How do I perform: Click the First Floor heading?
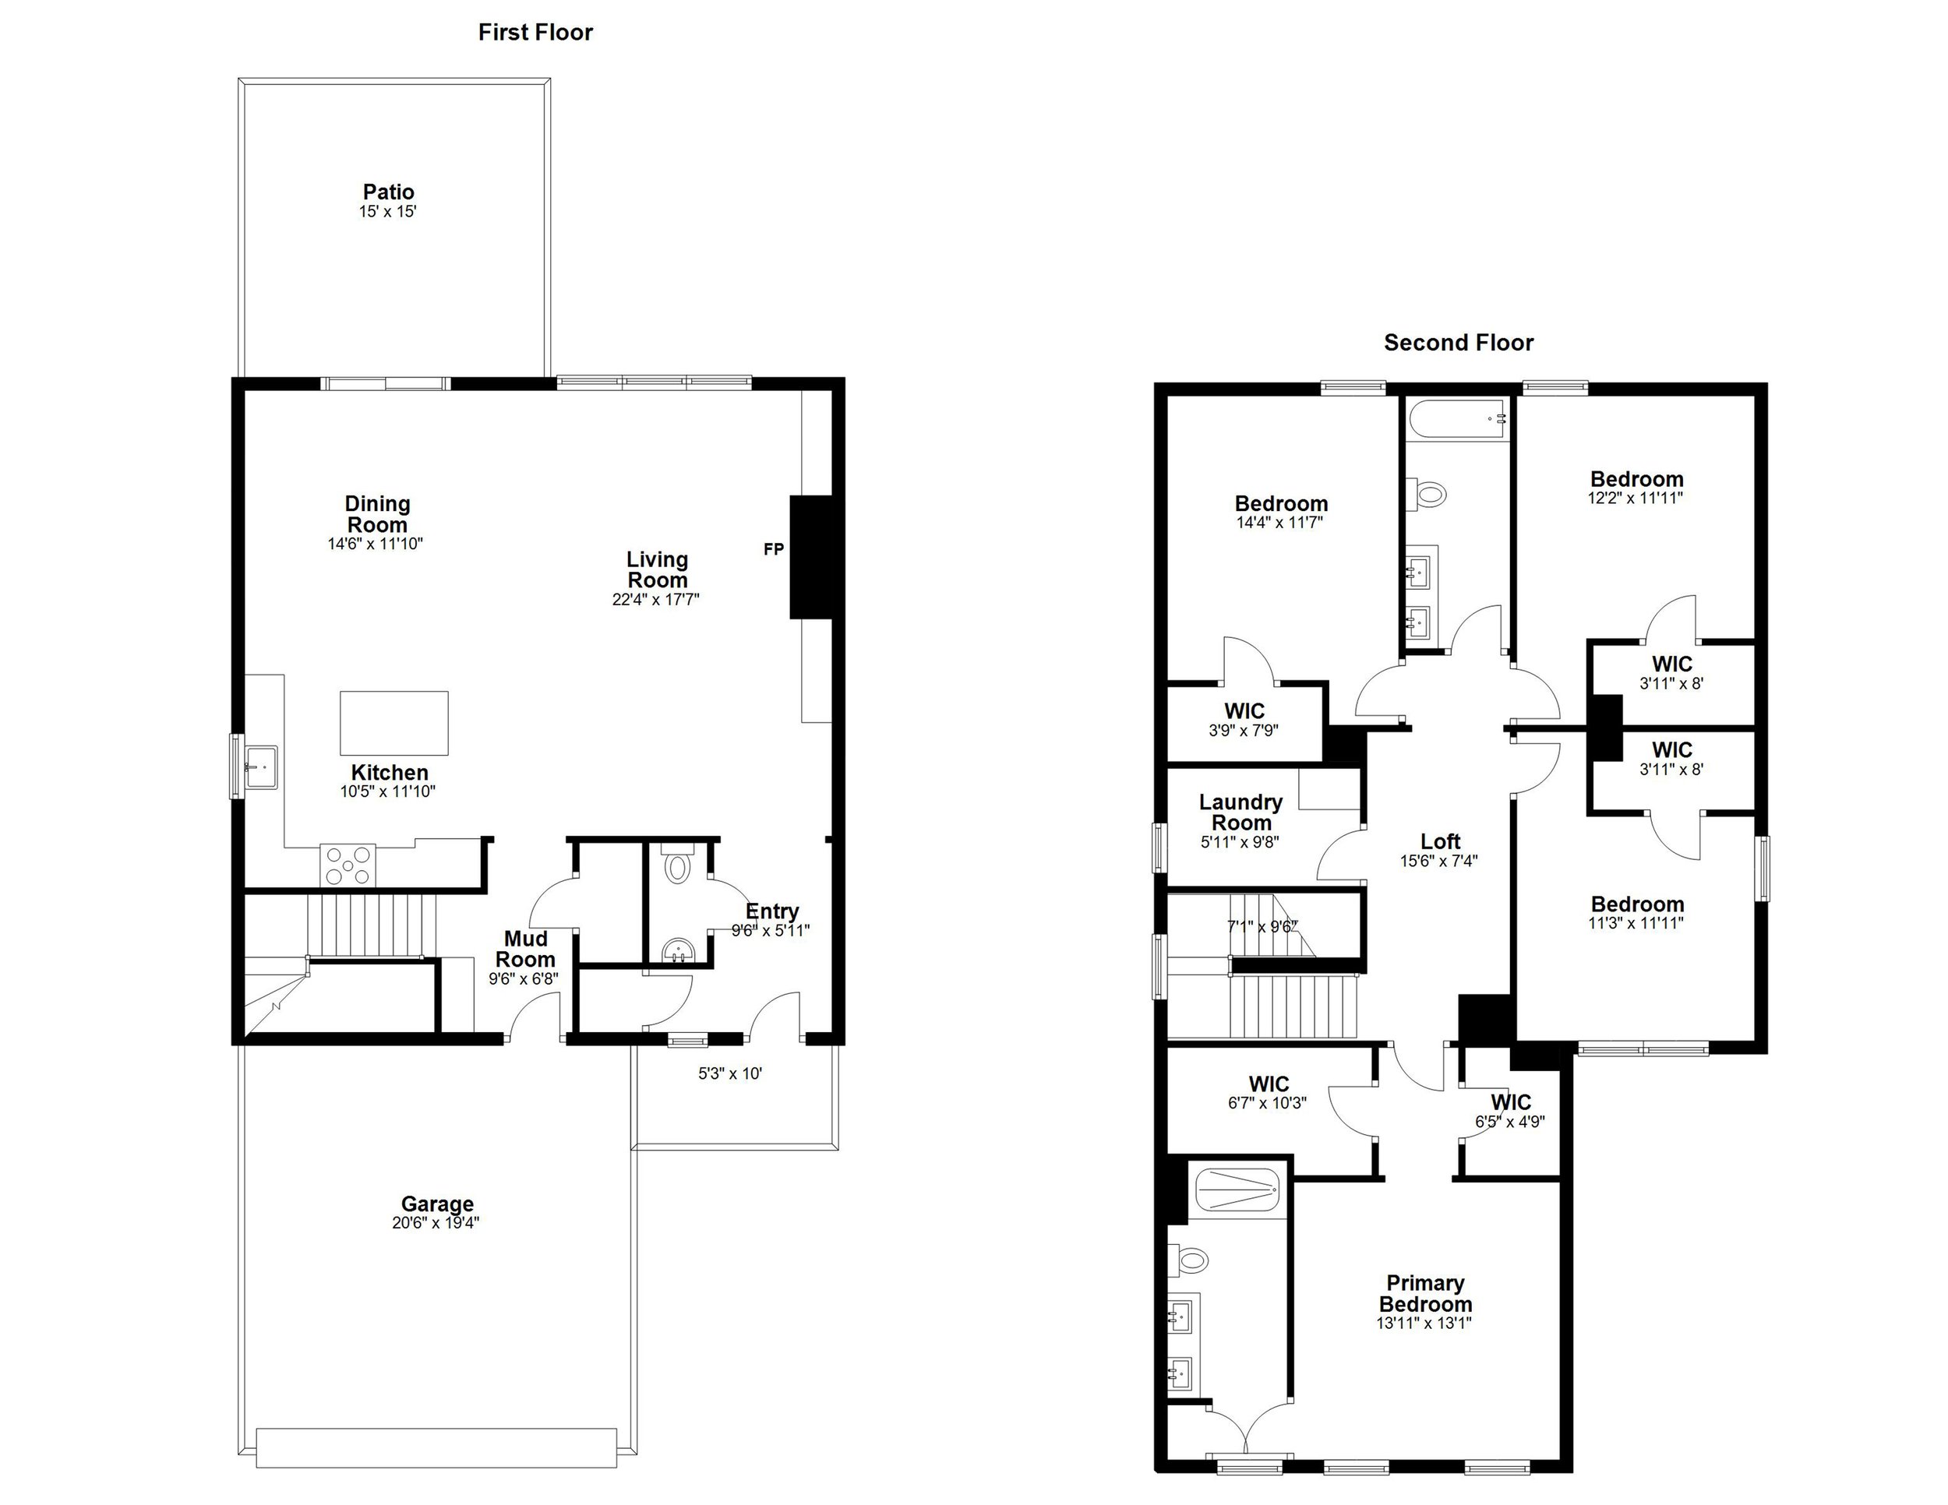coord(535,33)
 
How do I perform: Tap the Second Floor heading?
coord(1459,344)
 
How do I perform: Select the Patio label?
coord(388,192)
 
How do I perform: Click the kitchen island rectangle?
coord(393,723)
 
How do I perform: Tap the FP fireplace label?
coord(773,550)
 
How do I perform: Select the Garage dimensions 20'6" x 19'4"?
coord(436,1223)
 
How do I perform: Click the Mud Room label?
coord(525,949)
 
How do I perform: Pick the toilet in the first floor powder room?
coord(678,865)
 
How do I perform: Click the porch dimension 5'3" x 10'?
coord(729,1074)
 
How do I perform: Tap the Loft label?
coord(1440,841)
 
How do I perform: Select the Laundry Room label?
coord(1240,812)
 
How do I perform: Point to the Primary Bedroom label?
coord(1424,1293)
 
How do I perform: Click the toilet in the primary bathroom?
coord(1191,1260)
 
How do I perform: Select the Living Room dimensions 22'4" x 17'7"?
coord(655,600)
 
